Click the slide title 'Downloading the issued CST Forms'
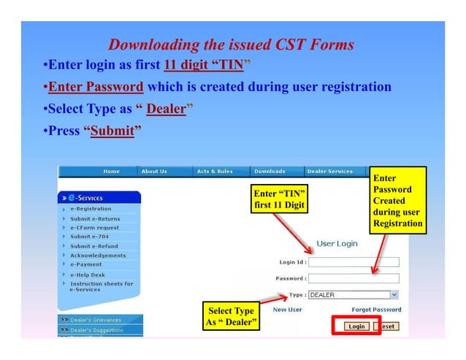[x=231, y=45]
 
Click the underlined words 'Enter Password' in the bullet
[x=96, y=88]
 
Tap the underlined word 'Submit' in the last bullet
[x=112, y=132]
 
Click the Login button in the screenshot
[x=356, y=326]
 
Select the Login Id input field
[x=354, y=262]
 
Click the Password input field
[x=354, y=278]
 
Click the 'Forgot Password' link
[x=376, y=310]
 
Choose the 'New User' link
[x=287, y=310]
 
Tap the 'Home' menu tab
[x=112, y=172]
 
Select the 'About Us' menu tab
[x=154, y=172]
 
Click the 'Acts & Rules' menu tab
[x=215, y=172]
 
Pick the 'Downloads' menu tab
[x=270, y=172]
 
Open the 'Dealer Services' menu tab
[x=330, y=172]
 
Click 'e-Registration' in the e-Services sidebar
[x=91, y=209]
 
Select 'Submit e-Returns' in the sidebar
[x=95, y=218]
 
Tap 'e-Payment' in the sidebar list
[x=87, y=265]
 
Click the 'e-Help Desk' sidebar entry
[x=88, y=275]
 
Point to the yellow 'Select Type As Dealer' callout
[x=231, y=317]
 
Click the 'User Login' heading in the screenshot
[x=337, y=243]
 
